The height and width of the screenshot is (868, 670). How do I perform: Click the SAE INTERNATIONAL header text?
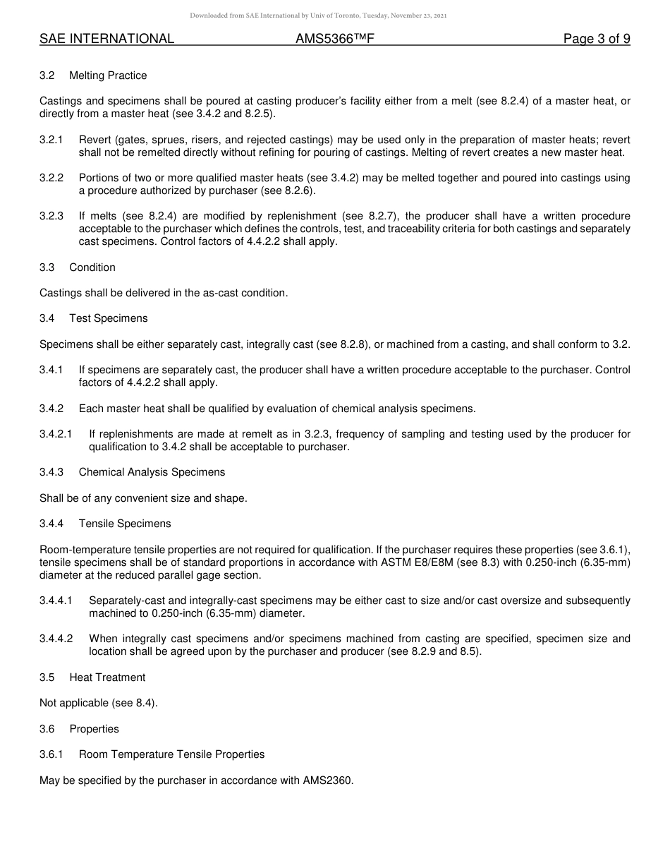(106, 40)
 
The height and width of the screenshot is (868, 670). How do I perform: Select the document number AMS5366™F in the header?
(334, 40)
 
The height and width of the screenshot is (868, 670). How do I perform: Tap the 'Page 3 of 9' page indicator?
(596, 40)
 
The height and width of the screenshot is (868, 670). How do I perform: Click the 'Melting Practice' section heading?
(108, 76)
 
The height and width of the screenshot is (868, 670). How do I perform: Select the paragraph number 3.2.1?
(51, 140)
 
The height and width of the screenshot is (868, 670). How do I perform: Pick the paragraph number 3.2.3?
(51, 216)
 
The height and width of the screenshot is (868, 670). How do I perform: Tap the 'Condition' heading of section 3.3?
(92, 267)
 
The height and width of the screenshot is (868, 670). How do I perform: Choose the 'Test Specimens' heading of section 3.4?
(109, 318)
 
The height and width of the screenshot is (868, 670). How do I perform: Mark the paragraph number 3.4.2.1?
(56, 434)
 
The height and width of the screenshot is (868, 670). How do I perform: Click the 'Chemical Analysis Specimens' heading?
(152, 472)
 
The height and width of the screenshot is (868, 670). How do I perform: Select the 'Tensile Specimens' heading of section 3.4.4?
(125, 524)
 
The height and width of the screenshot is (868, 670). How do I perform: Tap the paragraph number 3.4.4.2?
(56, 639)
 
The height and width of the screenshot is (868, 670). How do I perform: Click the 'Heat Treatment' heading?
(107, 677)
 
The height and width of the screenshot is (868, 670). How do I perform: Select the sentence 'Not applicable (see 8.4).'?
(99, 703)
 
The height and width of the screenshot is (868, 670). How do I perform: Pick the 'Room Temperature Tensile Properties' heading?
(171, 754)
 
